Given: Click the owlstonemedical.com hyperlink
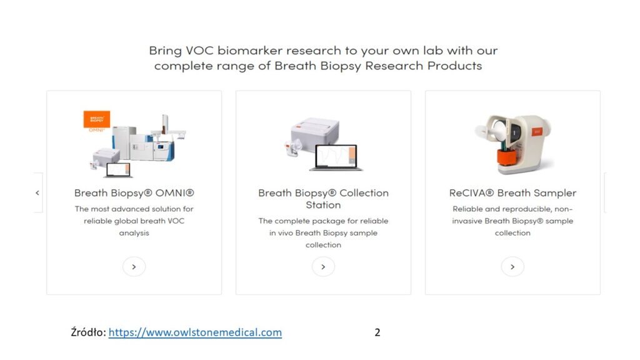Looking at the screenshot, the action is [x=195, y=332].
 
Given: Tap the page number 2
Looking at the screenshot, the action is [x=377, y=332].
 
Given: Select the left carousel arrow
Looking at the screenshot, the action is [x=37, y=192].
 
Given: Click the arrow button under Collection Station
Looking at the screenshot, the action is [x=323, y=267].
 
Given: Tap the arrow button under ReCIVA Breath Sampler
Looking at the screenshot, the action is [x=512, y=267].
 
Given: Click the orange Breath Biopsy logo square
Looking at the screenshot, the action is [x=97, y=119].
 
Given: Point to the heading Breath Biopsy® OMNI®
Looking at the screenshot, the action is [x=134, y=193].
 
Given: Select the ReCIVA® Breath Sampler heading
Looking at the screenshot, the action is [x=512, y=193].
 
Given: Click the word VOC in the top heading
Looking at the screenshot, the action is [x=199, y=51].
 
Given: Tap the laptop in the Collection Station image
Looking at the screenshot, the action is [x=336, y=157].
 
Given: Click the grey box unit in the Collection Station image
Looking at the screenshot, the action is [x=315, y=131].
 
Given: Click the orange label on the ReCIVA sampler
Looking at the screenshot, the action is [x=537, y=131].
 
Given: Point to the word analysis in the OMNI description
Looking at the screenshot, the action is [x=134, y=233].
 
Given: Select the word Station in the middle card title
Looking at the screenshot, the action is [x=323, y=205].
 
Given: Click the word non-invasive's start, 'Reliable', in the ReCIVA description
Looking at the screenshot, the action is [x=467, y=209].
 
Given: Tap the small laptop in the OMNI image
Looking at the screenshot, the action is [x=118, y=170].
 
